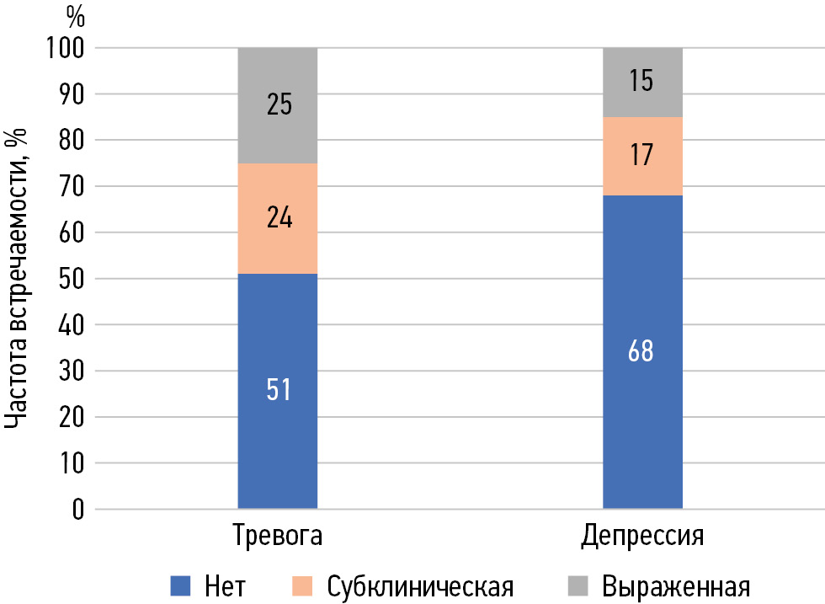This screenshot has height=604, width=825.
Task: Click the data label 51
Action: pos(279,391)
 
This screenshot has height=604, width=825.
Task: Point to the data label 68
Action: pos(641,351)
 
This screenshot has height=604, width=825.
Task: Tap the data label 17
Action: pos(641,156)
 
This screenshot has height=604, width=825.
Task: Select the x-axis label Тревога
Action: pos(277,537)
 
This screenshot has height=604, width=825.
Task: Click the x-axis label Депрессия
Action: pos(642,537)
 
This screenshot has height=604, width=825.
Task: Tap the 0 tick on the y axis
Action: pos(77,509)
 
